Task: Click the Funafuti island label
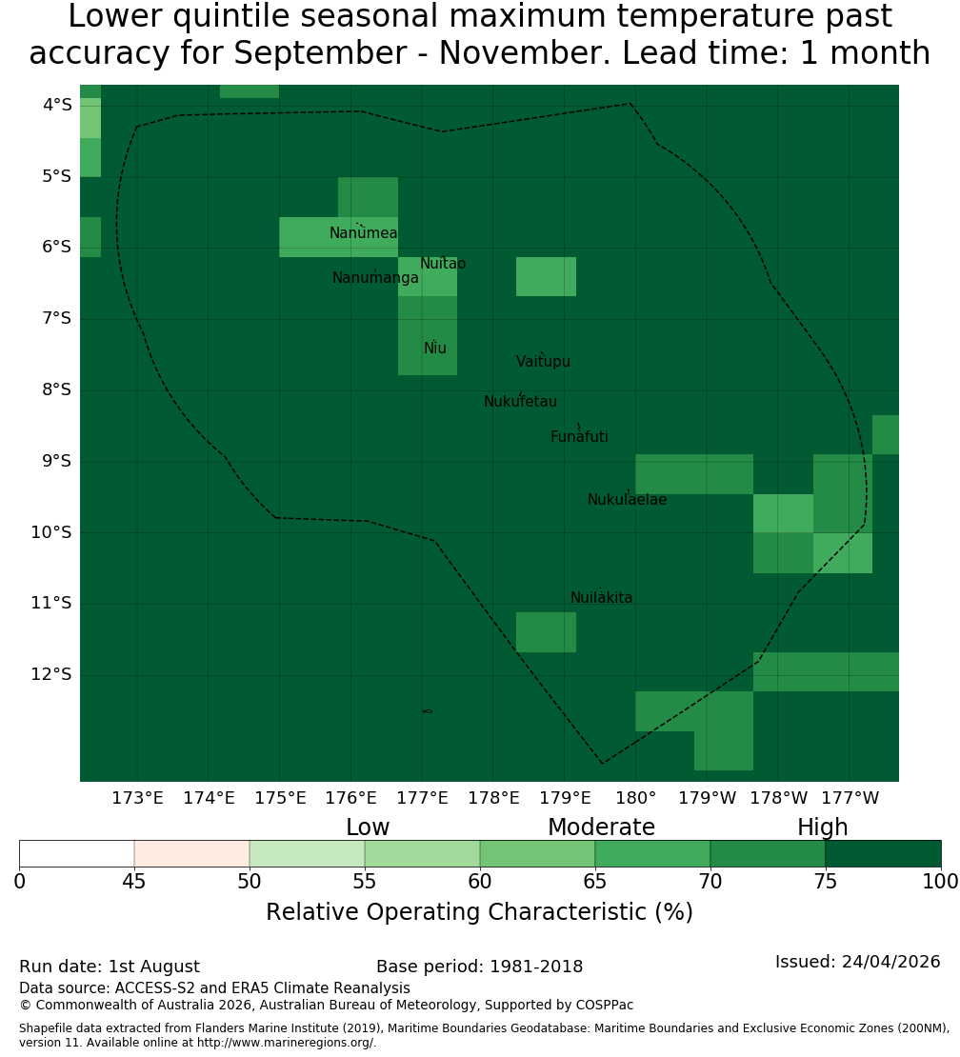click(579, 437)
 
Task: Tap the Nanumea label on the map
click(364, 233)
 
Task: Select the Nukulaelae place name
click(627, 500)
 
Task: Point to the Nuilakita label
click(601, 598)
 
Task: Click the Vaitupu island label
click(544, 362)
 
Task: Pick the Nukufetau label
click(520, 402)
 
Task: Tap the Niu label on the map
click(435, 349)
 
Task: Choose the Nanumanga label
click(375, 278)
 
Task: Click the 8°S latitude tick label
click(56, 389)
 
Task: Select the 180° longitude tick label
click(636, 798)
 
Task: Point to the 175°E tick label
click(280, 798)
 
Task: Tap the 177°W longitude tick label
click(850, 798)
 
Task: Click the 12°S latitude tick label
click(51, 674)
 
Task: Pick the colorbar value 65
click(594, 881)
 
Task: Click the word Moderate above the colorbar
click(601, 828)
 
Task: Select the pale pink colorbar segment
click(192, 853)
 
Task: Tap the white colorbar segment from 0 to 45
click(77, 853)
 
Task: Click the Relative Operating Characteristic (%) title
click(479, 912)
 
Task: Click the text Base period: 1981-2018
click(479, 967)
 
